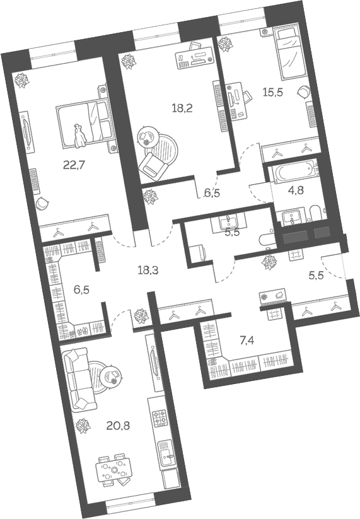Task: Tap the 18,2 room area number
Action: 182,107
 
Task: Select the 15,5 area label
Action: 272,91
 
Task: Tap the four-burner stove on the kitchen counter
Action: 157,417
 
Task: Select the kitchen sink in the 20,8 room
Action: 165,452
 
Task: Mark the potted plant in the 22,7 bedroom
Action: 23,80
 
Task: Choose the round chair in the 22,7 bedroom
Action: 42,203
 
